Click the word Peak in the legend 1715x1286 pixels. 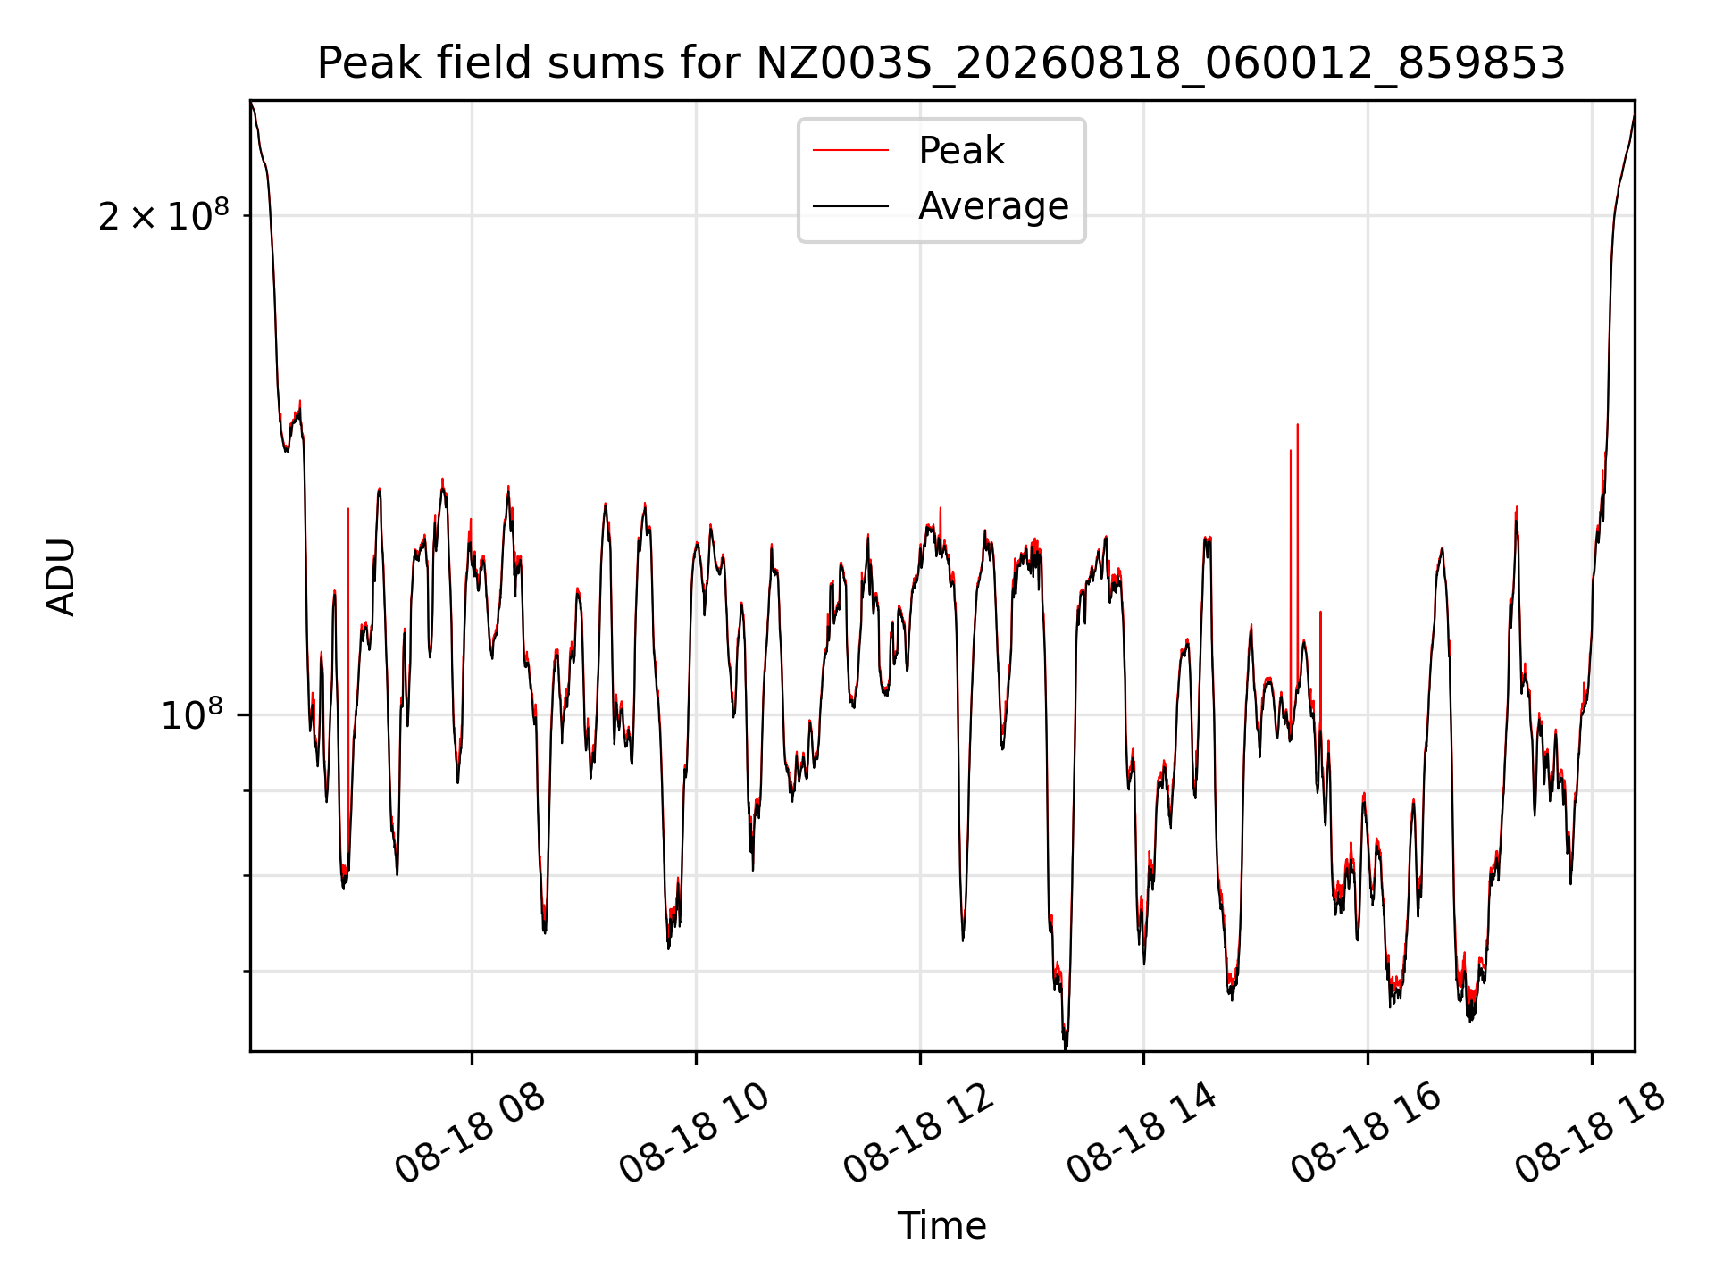pyautogui.click(x=961, y=151)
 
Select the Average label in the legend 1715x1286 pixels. pyautogui.click(x=993, y=206)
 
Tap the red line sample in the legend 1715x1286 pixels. pyautogui.click(x=850, y=151)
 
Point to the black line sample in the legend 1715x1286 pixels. pyautogui.click(x=850, y=206)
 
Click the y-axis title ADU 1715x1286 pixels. pyautogui.click(x=61, y=576)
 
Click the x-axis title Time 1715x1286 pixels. pyautogui.click(x=941, y=1226)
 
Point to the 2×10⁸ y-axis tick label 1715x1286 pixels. pyautogui.click(x=163, y=215)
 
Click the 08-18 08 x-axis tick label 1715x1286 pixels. pyautogui.click(x=470, y=1133)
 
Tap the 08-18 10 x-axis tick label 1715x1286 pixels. pyautogui.click(x=694, y=1133)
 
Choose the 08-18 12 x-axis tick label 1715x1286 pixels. pyautogui.click(x=918, y=1133)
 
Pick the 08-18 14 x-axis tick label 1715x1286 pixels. pyautogui.click(x=1142, y=1133)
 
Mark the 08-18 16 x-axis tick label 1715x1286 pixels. pyautogui.click(x=1367, y=1133)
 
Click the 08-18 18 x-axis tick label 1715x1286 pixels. pyautogui.click(x=1591, y=1133)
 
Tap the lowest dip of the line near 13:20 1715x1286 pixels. pyautogui.click(x=1066, y=1045)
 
